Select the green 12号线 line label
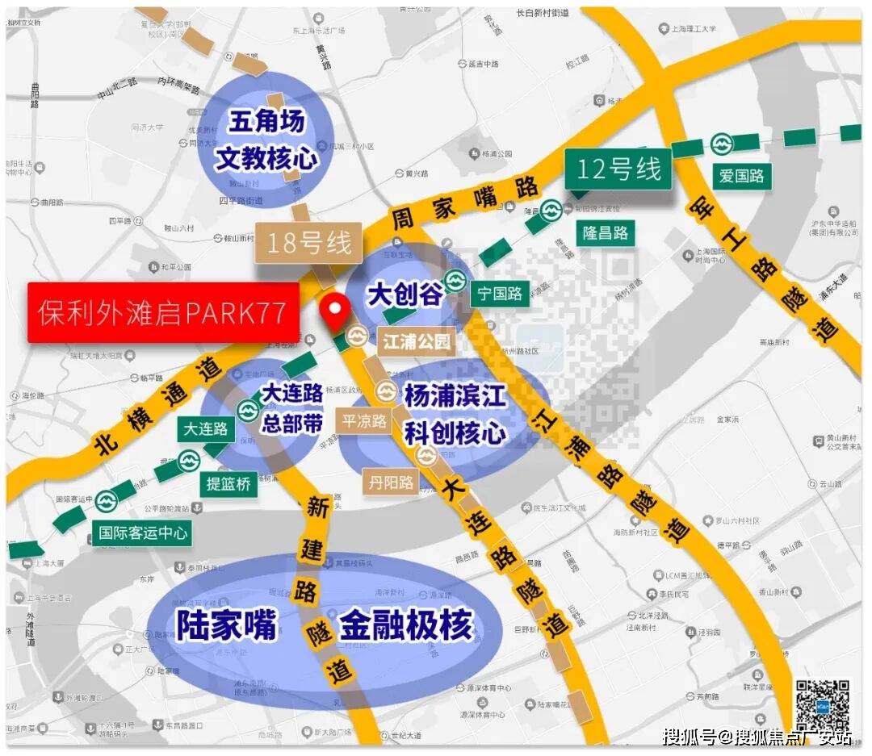618,169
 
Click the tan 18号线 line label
309,242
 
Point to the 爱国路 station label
741,175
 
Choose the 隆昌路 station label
606,232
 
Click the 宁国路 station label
500,293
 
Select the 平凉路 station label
365,420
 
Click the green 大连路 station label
207,428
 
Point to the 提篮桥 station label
228,483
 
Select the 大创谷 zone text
405,294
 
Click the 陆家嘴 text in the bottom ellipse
227,625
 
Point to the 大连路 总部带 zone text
291,408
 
